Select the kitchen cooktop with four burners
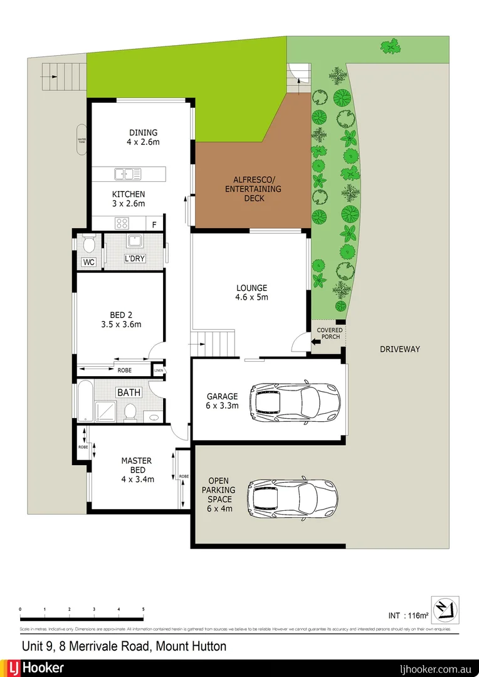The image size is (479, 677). click(122, 223)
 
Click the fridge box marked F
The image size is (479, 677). click(154, 223)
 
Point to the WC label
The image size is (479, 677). click(88, 262)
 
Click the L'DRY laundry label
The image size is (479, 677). click(135, 259)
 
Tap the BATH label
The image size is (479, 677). click(129, 392)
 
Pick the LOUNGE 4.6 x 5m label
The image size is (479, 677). click(251, 293)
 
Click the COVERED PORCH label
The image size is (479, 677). click(329, 333)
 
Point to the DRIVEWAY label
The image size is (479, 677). click(399, 349)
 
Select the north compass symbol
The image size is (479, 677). click(444, 610)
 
